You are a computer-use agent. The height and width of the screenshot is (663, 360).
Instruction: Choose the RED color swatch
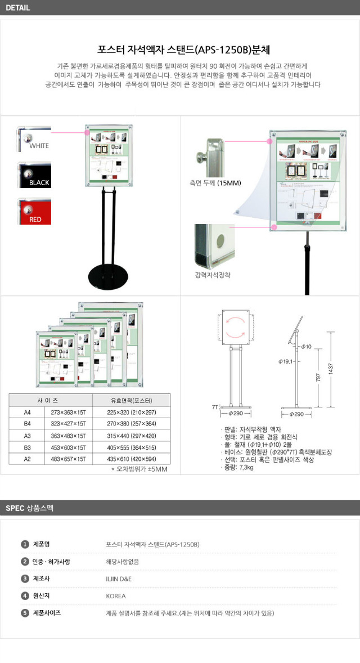tap(34, 211)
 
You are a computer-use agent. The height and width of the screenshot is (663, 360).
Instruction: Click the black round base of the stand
tap(109, 278)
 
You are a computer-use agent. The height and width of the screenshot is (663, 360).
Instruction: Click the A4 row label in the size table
tap(26, 413)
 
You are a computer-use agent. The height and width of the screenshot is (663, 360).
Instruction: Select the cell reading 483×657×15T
tap(66, 459)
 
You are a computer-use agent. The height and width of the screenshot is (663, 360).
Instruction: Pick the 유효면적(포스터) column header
tap(132, 401)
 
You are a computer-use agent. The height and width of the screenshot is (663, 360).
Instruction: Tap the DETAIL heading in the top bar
tap(17, 8)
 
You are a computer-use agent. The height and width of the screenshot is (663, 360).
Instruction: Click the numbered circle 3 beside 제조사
tap(25, 579)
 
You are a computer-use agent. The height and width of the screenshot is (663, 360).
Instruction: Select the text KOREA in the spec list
tap(116, 596)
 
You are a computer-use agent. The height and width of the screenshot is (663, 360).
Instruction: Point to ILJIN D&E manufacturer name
tap(119, 579)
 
